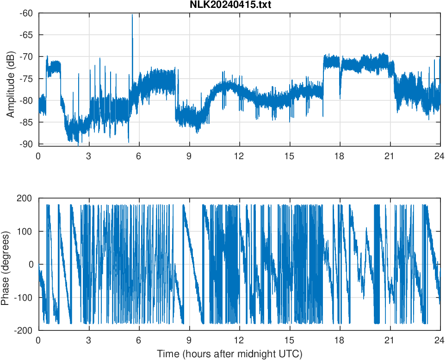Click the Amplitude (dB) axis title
(x=10, y=79)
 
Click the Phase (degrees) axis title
(x=6, y=264)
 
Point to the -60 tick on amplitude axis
(x=26, y=13)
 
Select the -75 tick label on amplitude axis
(x=26, y=79)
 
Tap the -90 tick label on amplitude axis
(x=26, y=144)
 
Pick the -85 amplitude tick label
(x=26, y=122)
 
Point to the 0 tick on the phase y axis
(x=31, y=264)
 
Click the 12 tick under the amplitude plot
(x=239, y=155)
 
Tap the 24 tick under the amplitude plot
(x=440, y=155)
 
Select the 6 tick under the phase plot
(x=138, y=340)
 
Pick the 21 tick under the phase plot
(x=390, y=340)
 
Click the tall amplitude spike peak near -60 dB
(x=132, y=15)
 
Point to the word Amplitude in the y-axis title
(x=10, y=91)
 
